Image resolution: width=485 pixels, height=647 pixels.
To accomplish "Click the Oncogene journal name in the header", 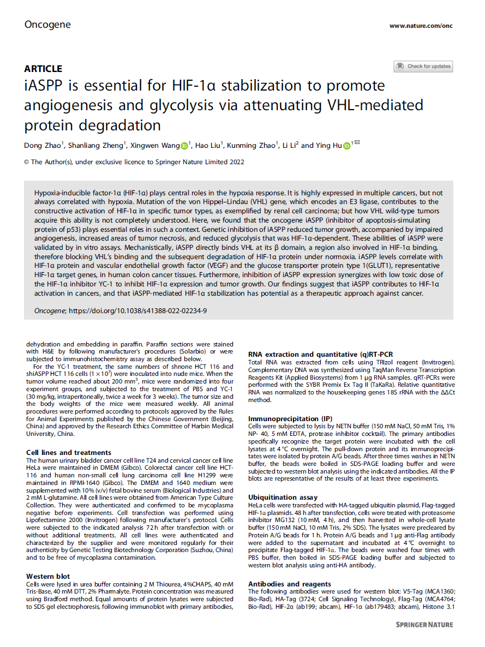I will tap(47, 25).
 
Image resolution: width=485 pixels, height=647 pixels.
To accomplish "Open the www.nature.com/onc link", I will tap(421, 26).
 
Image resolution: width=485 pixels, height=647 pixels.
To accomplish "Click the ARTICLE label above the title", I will tap(43, 69).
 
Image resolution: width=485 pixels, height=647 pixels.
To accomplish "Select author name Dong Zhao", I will tap(42, 145).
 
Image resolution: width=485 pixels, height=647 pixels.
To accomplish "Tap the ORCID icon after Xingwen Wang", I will tap(184, 145).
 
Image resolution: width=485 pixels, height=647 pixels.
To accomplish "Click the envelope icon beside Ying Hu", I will tap(357, 144).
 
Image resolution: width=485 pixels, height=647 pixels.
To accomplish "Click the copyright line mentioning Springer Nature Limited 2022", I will tap(134, 161).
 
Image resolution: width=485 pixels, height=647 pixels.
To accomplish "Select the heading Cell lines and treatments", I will tap(69, 452).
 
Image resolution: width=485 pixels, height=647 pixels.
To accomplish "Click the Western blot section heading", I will tap(48, 576).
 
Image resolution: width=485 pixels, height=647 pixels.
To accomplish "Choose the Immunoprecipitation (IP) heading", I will tap(289, 418).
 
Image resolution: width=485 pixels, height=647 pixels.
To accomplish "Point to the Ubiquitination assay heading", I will tap(283, 498).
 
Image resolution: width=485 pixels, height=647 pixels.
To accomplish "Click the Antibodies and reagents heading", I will tap(290, 584).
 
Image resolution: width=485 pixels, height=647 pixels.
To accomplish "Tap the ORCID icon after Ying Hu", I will tap(347, 145).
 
